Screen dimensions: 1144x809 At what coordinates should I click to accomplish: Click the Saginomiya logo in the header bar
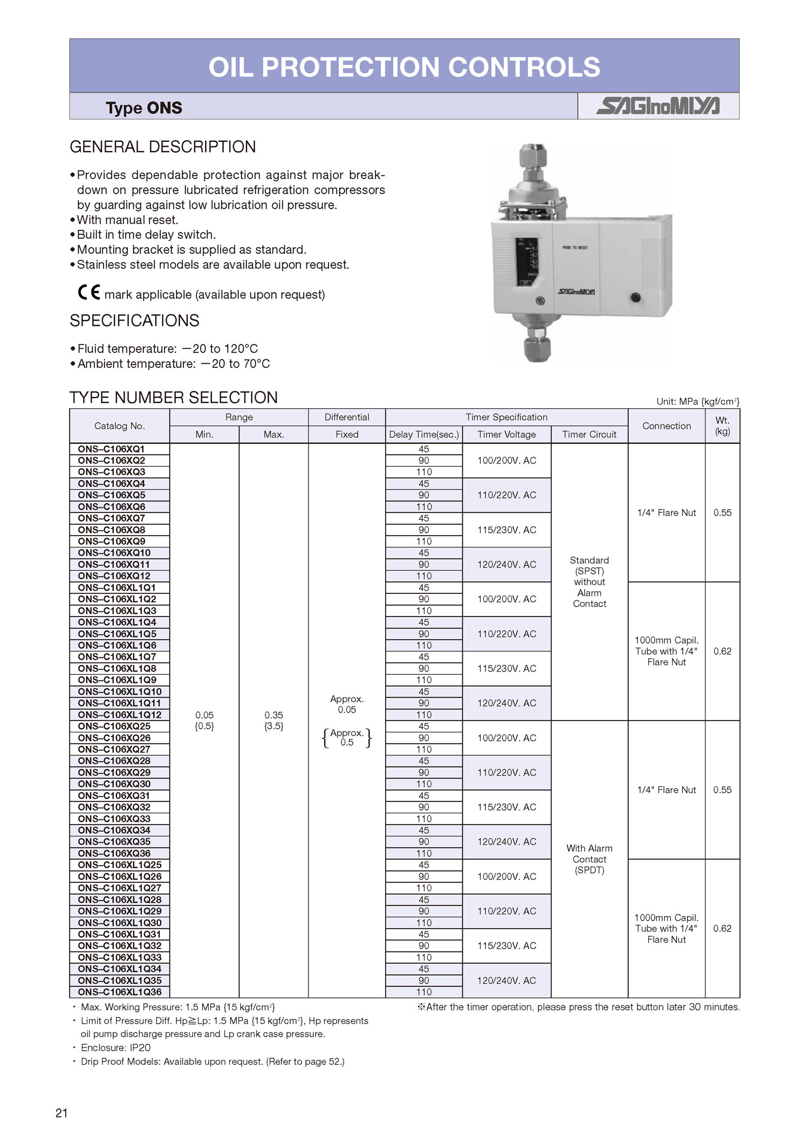pyautogui.click(x=657, y=106)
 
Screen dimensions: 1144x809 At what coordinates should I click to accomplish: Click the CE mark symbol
pyautogui.click(x=89, y=292)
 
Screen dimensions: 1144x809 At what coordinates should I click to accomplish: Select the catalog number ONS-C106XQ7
pyautogui.click(x=112, y=518)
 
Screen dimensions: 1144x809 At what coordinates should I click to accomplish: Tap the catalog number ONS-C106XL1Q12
pyautogui.click(x=119, y=715)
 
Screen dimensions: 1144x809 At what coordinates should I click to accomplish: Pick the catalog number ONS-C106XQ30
pyautogui.click(x=114, y=784)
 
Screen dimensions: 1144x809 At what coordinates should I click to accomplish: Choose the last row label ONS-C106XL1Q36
pyautogui.click(x=119, y=992)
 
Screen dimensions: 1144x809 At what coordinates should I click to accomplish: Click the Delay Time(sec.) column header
pyautogui.click(x=424, y=434)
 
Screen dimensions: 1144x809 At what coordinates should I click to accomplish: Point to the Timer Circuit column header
pyautogui.click(x=589, y=434)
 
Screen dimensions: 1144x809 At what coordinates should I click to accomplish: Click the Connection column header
pyautogui.click(x=666, y=426)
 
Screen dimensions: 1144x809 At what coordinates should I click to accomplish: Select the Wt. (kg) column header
pyautogui.click(x=722, y=426)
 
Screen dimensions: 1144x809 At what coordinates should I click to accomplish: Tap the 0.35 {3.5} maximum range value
pyautogui.click(x=274, y=721)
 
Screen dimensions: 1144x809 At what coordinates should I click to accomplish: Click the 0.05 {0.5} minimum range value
pyautogui.click(x=204, y=721)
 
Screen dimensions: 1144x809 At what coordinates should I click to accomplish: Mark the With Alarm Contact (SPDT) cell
pyautogui.click(x=589, y=859)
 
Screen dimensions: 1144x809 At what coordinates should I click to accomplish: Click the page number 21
pyautogui.click(x=61, y=1113)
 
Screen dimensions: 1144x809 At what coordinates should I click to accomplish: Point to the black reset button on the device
pyautogui.click(x=635, y=297)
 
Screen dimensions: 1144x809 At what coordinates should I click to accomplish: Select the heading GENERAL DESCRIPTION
pyautogui.click(x=163, y=147)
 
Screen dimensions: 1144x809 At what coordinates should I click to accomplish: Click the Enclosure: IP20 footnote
pyautogui.click(x=115, y=1047)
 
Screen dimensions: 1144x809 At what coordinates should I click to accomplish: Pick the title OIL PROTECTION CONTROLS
pyautogui.click(x=404, y=67)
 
